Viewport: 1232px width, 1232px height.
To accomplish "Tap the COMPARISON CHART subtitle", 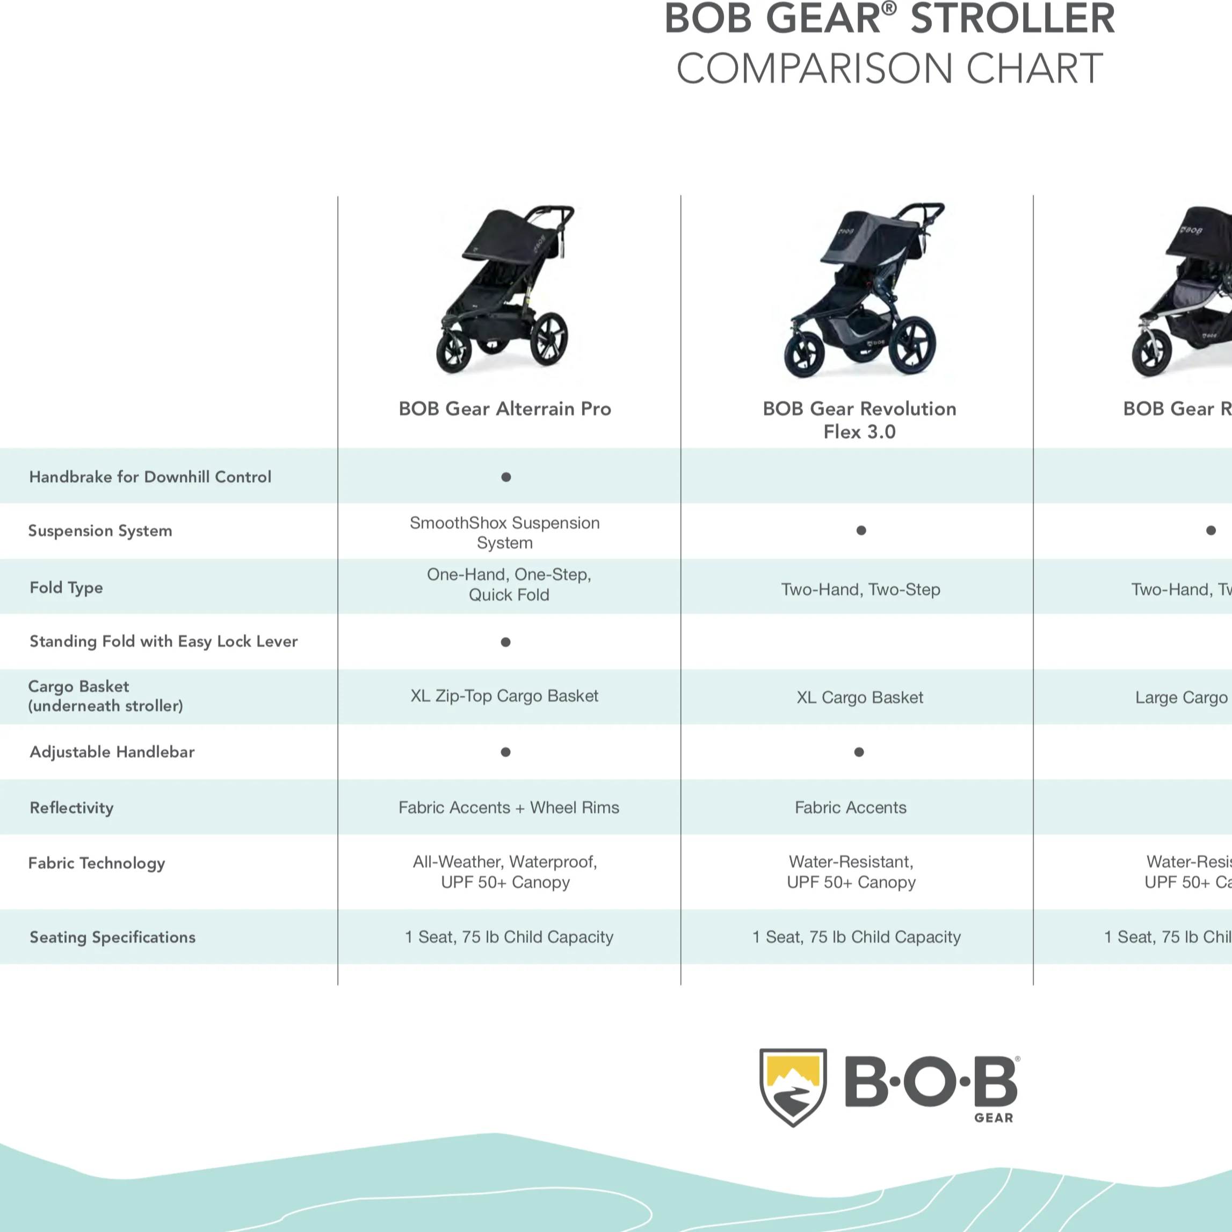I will pos(889,69).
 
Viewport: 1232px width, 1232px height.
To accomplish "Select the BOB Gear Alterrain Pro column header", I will pos(504,409).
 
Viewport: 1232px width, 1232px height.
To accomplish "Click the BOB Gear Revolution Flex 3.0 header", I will pos(859,420).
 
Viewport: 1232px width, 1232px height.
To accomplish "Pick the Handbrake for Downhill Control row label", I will pos(150,477).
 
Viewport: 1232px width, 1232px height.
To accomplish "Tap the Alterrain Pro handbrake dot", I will pos(506,477).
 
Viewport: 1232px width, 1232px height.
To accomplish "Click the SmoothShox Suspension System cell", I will pos(504,532).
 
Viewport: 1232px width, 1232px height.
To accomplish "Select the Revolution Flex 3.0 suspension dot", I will pos(861,531).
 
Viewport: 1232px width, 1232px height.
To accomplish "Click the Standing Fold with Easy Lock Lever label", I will pos(163,641).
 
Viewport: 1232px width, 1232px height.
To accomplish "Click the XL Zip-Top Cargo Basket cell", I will pos(504,695).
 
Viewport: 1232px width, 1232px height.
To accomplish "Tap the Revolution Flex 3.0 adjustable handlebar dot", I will pos(859,752).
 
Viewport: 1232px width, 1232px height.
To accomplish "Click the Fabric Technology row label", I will pos(96,864).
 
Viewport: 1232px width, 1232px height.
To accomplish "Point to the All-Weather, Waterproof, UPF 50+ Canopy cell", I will pos(505,872).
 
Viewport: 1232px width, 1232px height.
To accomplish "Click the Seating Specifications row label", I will pos(112,937).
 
